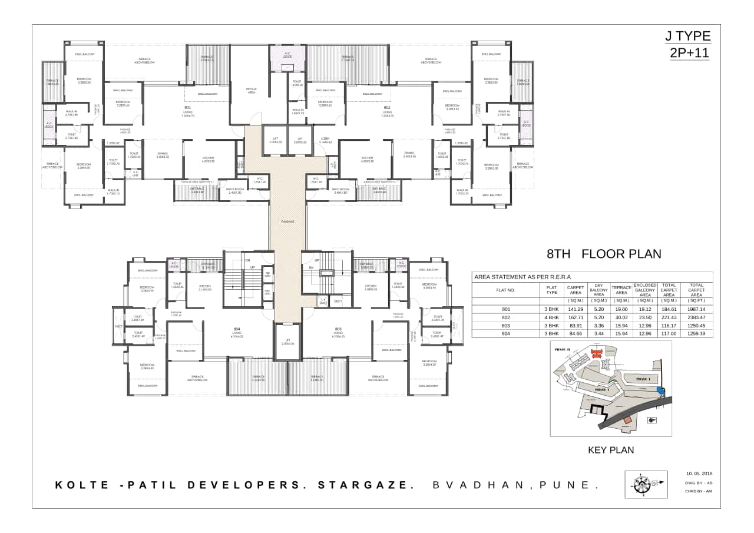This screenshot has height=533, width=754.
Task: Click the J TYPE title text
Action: coord(688,36)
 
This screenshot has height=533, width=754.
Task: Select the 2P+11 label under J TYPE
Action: coord(689,52)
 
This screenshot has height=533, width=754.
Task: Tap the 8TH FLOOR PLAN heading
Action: coord(604,254)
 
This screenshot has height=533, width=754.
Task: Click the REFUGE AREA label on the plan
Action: coord(251,91)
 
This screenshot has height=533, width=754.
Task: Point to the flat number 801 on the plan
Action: coord(188,108)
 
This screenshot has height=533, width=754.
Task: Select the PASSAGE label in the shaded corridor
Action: coord(287,221)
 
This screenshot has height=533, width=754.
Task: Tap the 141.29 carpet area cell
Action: coord(575,309)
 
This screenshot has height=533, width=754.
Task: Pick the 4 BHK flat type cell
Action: coord(551,317)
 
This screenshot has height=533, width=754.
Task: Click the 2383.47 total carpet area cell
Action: coord(696,317)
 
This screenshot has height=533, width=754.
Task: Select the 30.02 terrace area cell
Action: coord(621,317)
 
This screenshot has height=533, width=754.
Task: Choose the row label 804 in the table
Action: coord(505,333)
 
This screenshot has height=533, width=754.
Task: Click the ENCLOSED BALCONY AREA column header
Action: coord(645,290)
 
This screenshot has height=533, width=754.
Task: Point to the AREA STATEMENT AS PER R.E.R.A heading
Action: coord(522,276)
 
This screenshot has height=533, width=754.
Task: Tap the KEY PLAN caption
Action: coord(611,450)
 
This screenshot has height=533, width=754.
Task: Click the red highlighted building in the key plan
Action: coord(596,353)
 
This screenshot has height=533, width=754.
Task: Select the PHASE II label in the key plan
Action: coord(563,349)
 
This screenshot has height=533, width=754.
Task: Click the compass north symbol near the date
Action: coord(646,484)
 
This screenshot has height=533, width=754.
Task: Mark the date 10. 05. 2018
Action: coord(699,473)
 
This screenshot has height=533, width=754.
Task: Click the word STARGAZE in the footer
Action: coord(363,485)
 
